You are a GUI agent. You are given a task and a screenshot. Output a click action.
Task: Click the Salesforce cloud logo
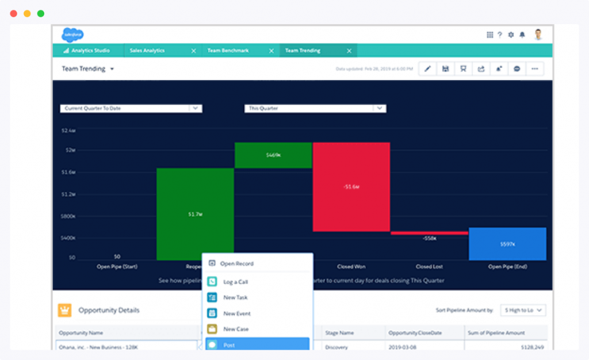(x=72, y=35)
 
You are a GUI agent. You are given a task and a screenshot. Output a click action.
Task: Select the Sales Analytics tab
(x=147, y=51)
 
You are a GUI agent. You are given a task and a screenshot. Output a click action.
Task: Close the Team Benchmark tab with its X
(x=271, y=51)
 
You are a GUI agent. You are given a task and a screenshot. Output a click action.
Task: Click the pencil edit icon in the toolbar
(x=427, y=69)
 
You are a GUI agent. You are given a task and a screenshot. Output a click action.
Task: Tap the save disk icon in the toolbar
(x=445, y=69)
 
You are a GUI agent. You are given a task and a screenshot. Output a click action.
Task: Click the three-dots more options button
(x=534, y=69)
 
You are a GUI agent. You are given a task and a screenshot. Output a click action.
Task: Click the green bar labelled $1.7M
(x=195, y=214)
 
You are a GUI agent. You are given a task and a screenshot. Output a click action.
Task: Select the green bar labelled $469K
(x=273, y=155)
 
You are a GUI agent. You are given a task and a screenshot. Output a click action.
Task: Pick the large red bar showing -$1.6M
(x=351, y=187)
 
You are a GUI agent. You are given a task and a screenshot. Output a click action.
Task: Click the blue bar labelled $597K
(x=507, y=244)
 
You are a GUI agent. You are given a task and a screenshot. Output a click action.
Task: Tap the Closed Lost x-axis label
(x=429, y=266)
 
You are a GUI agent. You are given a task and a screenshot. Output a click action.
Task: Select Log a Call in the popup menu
(x=235, y=282)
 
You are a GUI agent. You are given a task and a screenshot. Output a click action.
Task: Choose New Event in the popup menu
(x=236, y=313)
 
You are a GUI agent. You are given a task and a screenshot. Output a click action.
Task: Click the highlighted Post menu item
(x=257, y=345)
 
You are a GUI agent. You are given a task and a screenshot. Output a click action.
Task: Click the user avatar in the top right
(x=538, y=35)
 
